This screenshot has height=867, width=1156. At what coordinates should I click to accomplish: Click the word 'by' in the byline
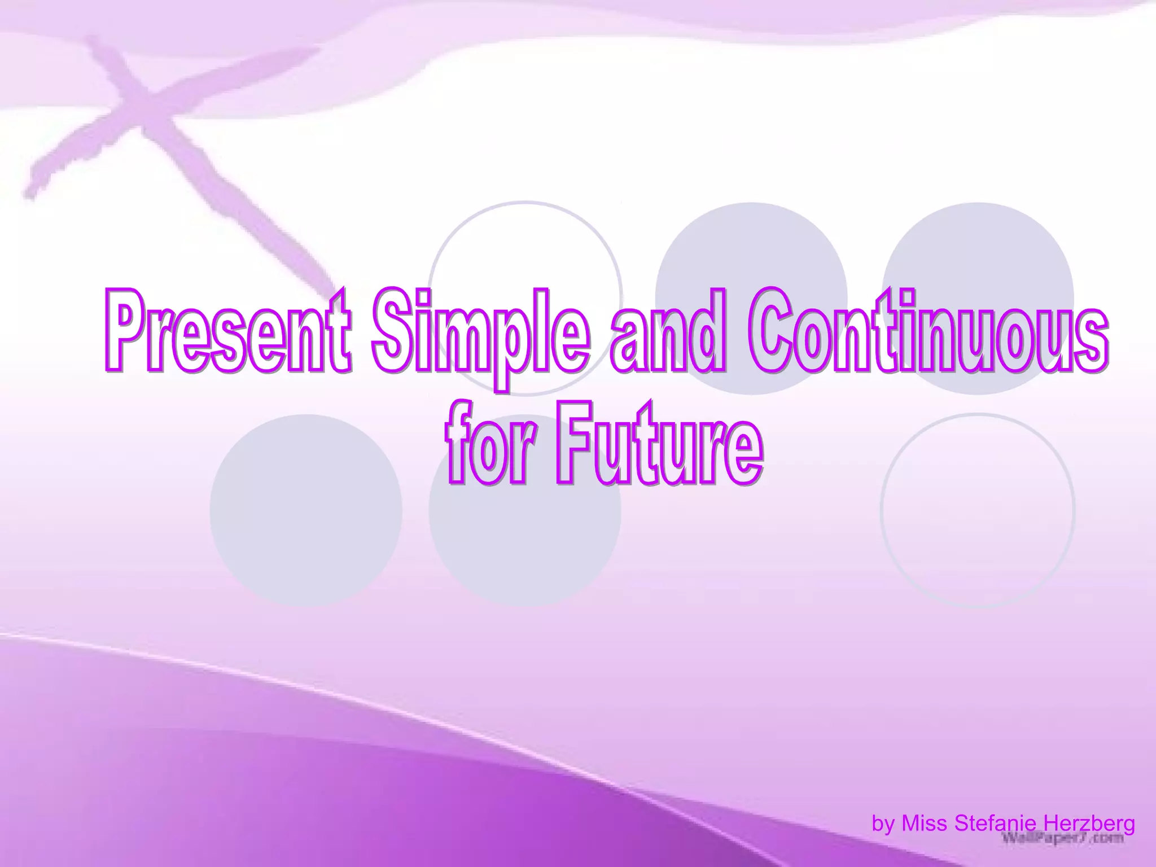click(x=884, y=824)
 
